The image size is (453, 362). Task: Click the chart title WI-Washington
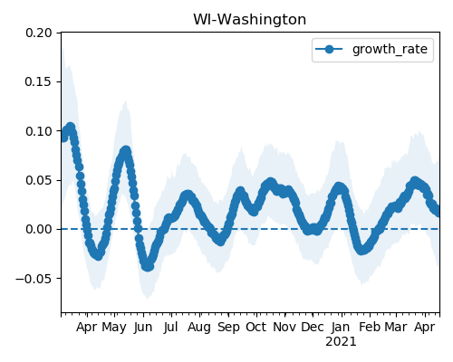[249, 20]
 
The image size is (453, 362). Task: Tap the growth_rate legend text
[390, 49]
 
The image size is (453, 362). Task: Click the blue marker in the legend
[329, 49]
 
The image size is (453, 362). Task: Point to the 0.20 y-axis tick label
[39, 33]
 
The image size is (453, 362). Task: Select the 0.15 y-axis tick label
[38, 81]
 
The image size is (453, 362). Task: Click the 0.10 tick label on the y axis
[39, 131]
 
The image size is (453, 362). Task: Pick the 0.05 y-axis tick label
[39, 180]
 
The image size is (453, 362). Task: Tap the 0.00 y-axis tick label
[39, 229]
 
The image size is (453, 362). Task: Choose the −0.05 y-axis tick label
[34, 279]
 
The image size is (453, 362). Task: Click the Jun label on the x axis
[143, 328]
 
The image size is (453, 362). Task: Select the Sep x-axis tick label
[228, 328]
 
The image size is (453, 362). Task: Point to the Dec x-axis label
[313, 327]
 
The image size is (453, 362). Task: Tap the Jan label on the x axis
[341, 327]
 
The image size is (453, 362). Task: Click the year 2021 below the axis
[341, 342]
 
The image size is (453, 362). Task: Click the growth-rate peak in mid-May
[126, 150]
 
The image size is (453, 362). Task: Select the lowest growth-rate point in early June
[148, 267]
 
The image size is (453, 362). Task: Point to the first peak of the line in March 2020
[71, 127]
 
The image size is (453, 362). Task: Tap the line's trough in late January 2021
[361, 251]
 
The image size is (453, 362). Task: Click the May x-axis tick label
[114, 328]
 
